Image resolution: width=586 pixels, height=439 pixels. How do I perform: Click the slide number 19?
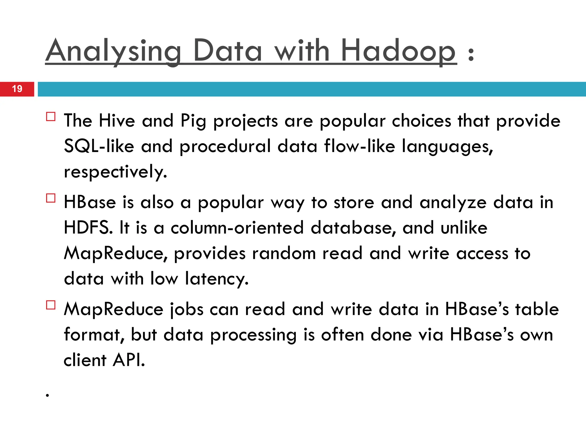[x=17, y=89]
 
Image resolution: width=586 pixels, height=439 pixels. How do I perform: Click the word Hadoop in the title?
[x=398, y=51]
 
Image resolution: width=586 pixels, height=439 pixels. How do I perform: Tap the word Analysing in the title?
[x=113, y=51]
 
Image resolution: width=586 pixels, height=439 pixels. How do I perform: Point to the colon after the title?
[x=471, y=54]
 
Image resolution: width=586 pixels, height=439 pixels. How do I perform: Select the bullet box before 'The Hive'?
[x=51, y=117]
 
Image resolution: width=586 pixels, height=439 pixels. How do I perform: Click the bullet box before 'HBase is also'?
[x=51, y=198]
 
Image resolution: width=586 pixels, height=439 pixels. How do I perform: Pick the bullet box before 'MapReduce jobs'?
[x=51, y=305]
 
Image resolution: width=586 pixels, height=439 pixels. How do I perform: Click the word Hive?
[x=117, y=121]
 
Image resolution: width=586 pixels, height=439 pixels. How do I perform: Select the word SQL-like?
[x=99, y=146]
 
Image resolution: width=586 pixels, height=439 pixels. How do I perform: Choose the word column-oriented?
[x=237, y=228]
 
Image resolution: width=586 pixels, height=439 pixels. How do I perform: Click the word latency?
[x=217, y=279]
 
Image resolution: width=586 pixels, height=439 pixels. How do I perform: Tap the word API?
[x=129, y=360]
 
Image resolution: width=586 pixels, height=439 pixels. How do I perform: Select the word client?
[x=85, y=360]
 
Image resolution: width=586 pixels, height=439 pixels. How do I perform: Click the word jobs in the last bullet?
[x=186, y=310]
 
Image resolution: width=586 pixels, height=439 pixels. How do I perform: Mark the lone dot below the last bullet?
[x=47, y=396]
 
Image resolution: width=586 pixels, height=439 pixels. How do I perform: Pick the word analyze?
[x=453, y=203]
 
